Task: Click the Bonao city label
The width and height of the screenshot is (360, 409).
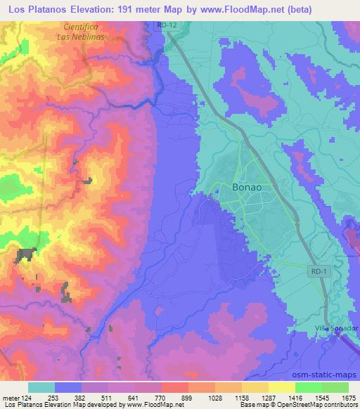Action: [248, 187]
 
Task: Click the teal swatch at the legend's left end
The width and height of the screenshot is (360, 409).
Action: [41, 387]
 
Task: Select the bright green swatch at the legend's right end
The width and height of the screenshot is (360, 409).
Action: [335, 387]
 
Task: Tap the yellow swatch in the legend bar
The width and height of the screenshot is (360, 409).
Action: [282, 387]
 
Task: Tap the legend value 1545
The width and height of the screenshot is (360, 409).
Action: [322, 397]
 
